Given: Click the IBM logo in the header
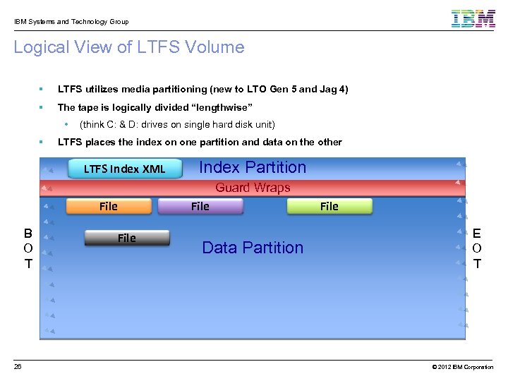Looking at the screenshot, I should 473,18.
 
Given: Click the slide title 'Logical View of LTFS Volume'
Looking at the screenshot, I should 129,47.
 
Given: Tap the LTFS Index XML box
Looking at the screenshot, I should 124,169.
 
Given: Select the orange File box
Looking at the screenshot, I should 109,206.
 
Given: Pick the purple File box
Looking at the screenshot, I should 200,206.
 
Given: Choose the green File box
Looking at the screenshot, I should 329,206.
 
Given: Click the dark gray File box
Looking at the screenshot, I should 127,238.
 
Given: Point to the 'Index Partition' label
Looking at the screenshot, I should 253,167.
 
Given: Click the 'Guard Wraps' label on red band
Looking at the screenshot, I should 253,188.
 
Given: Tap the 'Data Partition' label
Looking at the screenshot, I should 253,248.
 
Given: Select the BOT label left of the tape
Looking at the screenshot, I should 28,248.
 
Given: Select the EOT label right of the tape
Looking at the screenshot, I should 478,248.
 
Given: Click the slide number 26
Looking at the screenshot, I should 18,367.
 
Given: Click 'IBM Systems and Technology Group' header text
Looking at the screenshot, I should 71,21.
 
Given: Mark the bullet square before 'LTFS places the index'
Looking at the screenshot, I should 42,142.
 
